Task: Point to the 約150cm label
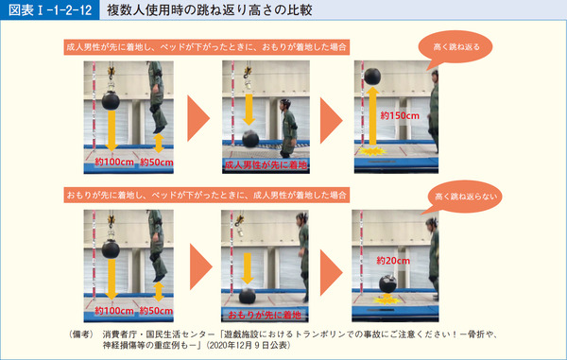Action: [399, 114]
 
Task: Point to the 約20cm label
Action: [393, 260]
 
